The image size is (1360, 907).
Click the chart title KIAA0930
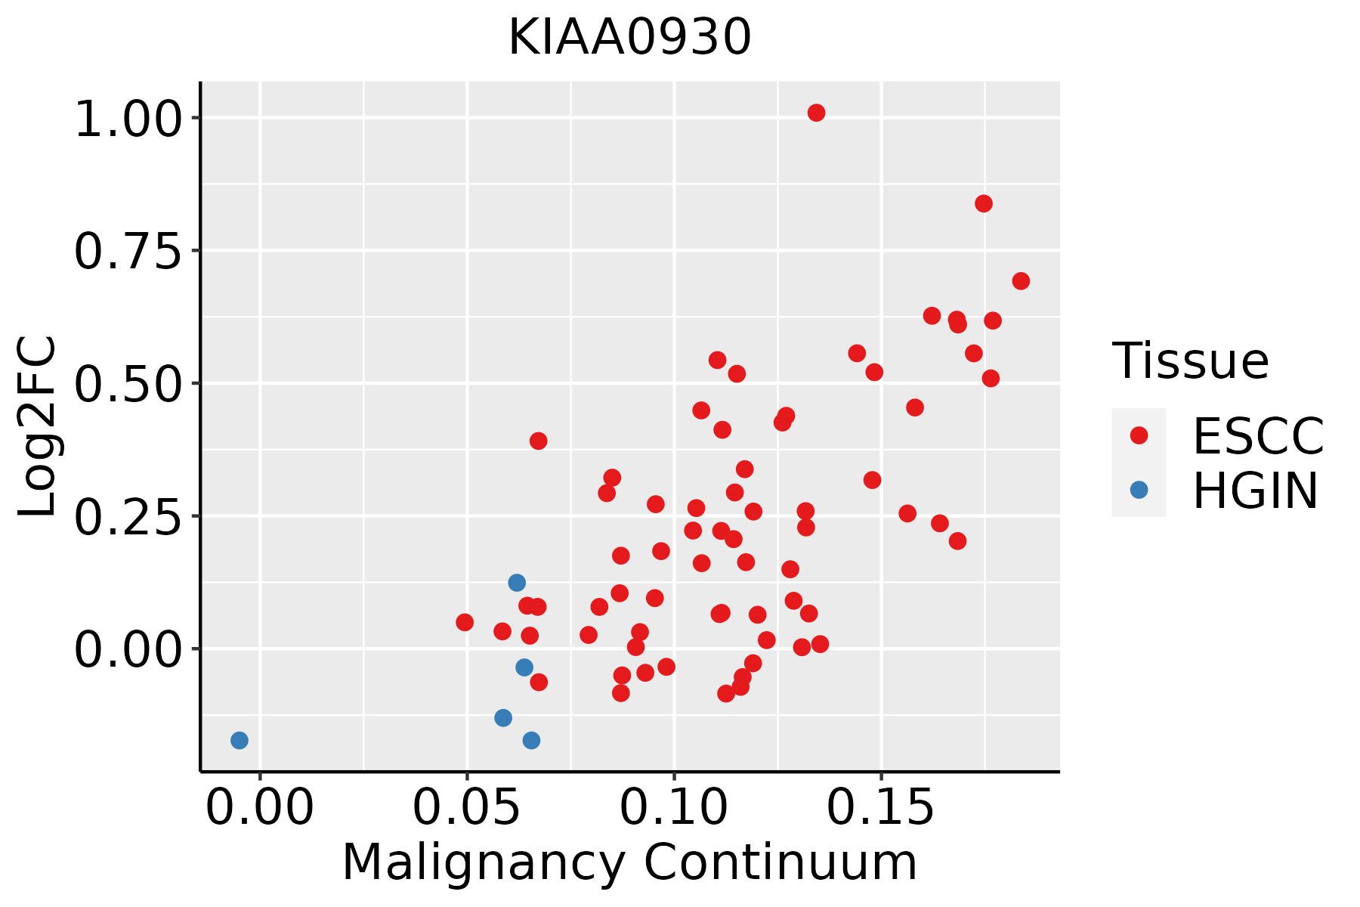(x=629, y=37)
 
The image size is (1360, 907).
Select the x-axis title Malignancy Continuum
(x=629, y=863)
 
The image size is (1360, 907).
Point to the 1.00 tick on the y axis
(x=128, y=119)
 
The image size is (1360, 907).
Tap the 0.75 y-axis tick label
(x=128, y=252)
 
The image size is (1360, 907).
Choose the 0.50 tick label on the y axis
(x=128, y=384)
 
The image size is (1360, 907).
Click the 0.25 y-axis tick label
(x=128, y=517)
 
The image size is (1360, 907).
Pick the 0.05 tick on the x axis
(x=467, y=808)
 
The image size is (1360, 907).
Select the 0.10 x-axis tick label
(x=674, y=808)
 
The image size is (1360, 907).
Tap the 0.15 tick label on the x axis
(x=881, y=808)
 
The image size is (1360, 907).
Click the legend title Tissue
(x=1191, y=361)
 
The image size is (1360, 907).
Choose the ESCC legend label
(x=1259, y=436)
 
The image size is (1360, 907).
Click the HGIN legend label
(x=1256, y=491)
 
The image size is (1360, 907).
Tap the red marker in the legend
(x=1139, y=435)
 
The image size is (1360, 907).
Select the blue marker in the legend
(x=1139, y=490)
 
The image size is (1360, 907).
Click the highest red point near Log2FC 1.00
(x=816, y=113)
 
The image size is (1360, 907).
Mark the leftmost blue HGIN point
(x=240, y=740)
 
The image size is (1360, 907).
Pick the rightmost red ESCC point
(x=1021, y=281)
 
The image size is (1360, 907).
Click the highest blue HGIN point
(x=517, y=583)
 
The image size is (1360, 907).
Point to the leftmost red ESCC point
(x=465, y=622)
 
